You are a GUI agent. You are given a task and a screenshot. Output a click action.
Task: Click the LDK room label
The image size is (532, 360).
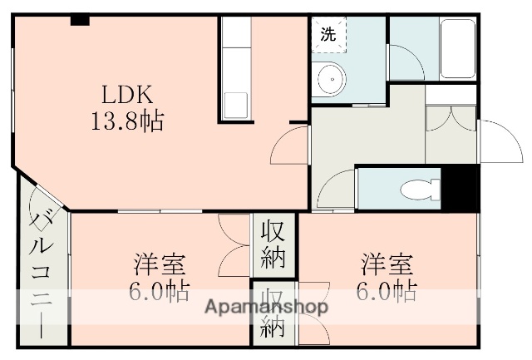(126, 93)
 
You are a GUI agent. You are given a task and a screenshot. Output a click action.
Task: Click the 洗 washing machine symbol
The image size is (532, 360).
(328, 36)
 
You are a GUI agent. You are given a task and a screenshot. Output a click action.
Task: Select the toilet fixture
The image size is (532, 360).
(415, 190)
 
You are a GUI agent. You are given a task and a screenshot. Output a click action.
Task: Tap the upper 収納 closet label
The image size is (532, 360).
(273, 242)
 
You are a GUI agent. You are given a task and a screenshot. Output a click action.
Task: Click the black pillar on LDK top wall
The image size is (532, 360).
(80, 20)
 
